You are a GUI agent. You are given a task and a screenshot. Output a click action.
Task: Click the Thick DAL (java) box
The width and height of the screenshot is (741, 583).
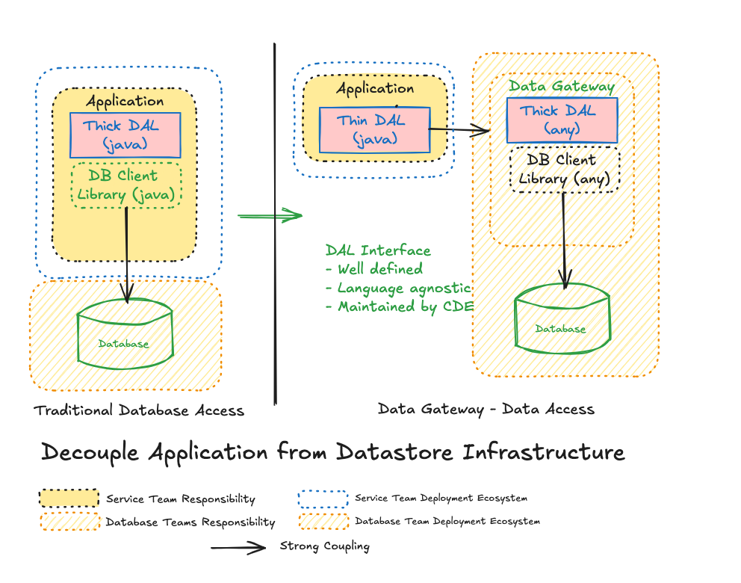click(x=125, y=135)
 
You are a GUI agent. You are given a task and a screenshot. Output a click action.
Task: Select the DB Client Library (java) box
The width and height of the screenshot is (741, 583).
click(x=126, y=185)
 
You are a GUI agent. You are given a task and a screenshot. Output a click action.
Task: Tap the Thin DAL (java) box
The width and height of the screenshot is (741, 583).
click(x=374, y=130)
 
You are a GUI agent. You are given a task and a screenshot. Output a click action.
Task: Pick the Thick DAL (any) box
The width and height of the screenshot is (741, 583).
click(x=562, y=120)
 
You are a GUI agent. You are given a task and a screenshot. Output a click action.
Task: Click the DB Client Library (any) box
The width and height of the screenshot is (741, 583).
click(x=565, y=170)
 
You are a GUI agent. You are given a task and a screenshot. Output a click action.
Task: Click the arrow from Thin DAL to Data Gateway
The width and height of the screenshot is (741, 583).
click(x=459, y=131)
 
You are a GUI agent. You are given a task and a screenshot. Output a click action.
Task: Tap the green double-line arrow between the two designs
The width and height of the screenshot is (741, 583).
click(x=270, y=217)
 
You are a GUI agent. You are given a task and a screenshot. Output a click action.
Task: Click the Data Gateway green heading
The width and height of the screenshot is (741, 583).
click(x=562, y=86)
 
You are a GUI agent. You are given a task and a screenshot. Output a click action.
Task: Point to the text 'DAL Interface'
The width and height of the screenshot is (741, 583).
click(x=378, y=250)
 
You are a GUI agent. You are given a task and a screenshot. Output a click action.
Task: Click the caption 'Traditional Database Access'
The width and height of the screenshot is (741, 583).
click(x=139, y=410)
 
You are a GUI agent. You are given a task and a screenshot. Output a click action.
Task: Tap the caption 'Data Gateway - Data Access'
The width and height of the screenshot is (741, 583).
click(x=486, y=409)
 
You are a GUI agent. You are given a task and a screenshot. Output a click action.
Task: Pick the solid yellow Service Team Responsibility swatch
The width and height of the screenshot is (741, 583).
click(x=69, y=499)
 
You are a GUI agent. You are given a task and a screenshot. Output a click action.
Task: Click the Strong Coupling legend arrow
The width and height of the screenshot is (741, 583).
click(x=238, y=548)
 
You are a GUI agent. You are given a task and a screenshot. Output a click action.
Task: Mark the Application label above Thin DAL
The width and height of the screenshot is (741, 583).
click(x=375, y=89)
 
